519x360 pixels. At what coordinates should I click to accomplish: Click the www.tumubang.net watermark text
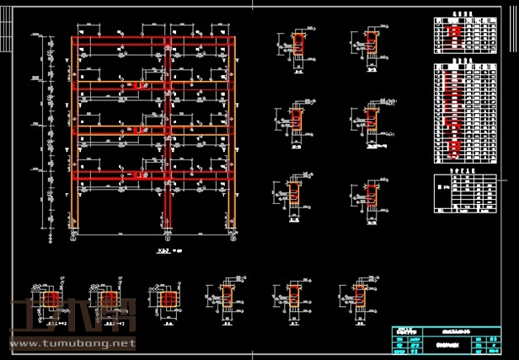click(x=71, y=343)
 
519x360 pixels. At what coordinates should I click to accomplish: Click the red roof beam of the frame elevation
click(x=152, y=40)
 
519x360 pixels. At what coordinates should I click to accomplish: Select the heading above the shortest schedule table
click(x=460, y=14)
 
